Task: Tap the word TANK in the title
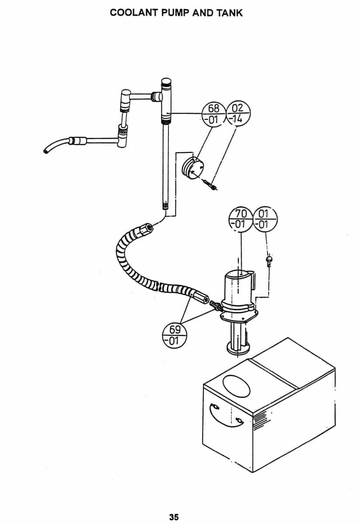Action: pos(230,13)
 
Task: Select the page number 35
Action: pos(174,517)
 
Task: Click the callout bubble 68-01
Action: pos(214,114)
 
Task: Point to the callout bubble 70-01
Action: pos(241,219)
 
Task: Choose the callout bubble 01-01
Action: pos(265,219)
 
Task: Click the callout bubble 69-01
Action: pos(175,335)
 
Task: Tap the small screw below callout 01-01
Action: pos(269,260)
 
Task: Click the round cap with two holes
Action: pos(192,168)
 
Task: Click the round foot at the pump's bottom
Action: pos(238,349)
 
